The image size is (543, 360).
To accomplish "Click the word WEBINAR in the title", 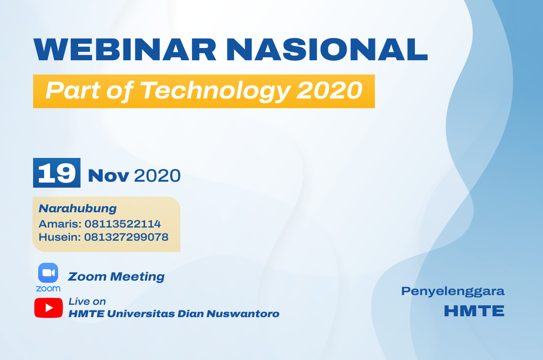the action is (125, 50).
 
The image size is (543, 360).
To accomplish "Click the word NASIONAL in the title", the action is (327, 50).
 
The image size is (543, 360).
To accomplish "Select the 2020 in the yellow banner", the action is (330, 90).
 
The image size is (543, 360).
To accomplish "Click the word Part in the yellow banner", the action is (73, 90).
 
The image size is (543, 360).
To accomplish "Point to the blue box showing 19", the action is (57, 173).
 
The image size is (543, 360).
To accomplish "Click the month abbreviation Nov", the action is (108, 175).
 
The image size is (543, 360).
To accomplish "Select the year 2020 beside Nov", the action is (157, 175).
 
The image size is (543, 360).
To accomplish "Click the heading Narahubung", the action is (78, 208).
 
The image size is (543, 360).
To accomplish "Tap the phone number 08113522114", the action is (123, 224).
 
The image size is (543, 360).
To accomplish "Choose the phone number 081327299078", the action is (126, 237).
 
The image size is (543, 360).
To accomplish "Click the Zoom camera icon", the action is (48, 273).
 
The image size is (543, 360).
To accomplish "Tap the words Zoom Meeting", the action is (116, 277).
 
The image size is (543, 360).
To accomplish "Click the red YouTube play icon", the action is (48, 308).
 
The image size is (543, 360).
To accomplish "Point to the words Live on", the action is (87, 301).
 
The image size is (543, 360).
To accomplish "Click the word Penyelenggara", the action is (453, 291).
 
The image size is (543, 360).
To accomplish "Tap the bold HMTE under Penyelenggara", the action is (474, 311).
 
